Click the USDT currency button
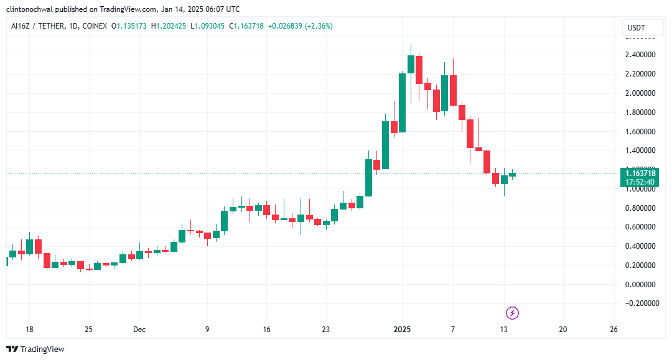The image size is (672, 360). coord(637,28)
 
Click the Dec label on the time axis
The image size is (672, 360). coord(139,330)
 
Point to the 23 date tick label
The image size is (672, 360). coord(325,330)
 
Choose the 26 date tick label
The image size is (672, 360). coord(614,330)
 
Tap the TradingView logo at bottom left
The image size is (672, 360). coord(35,349)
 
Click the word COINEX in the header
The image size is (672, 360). coord(93,26)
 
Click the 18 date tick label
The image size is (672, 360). coord(29,330)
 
